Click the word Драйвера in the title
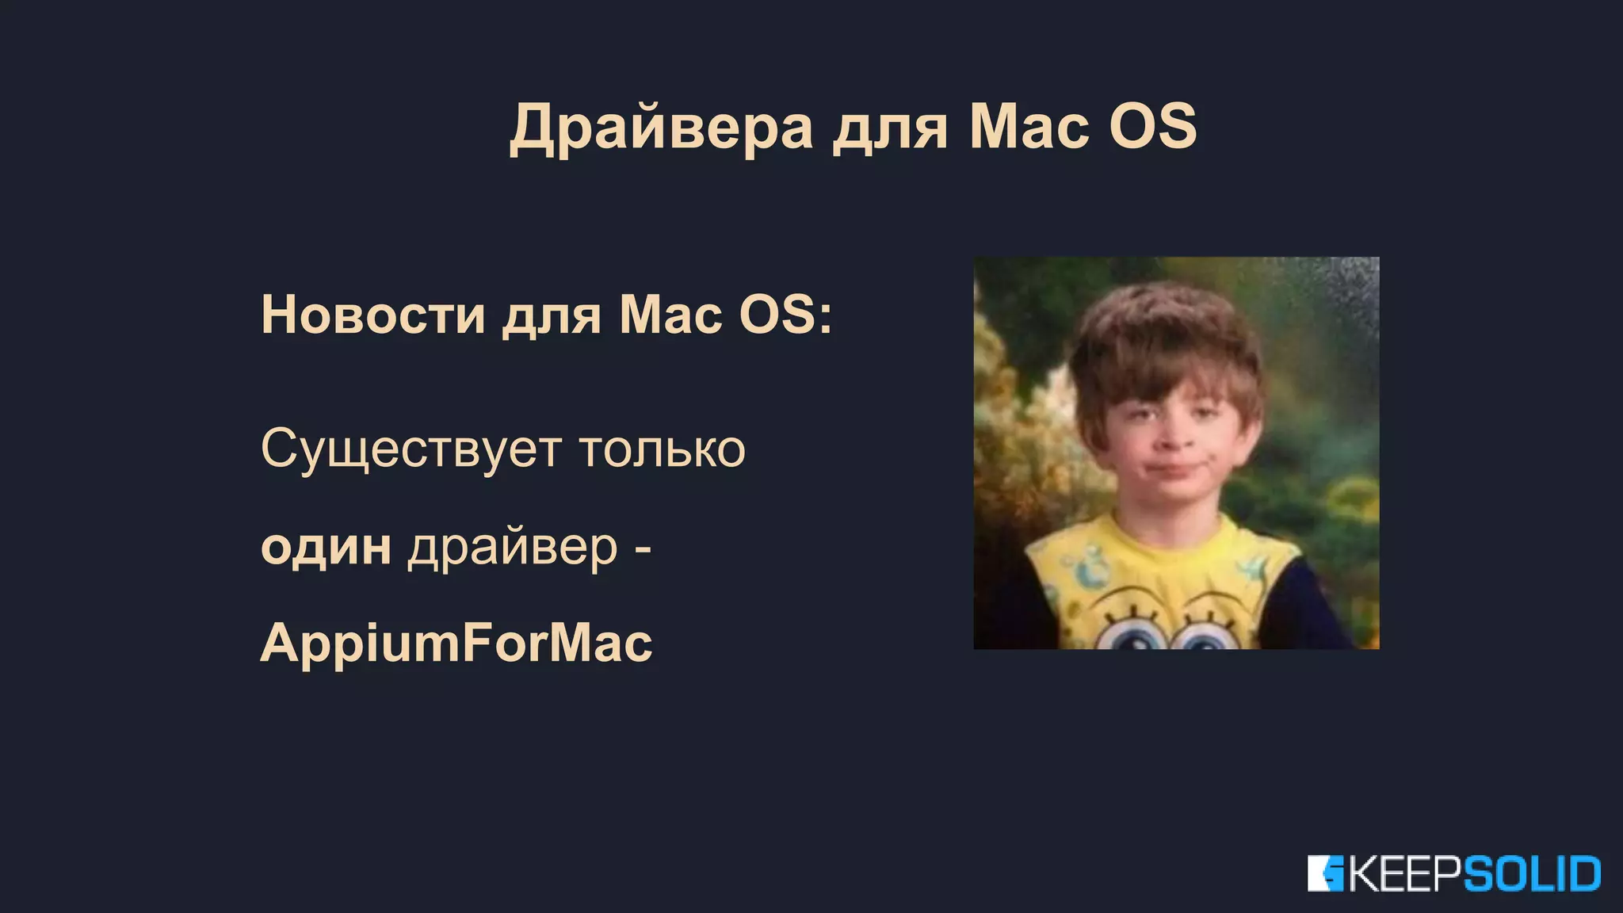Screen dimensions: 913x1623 click(661, 127)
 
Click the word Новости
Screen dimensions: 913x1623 click(372, 315)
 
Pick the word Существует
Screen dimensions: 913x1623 click(411, 450)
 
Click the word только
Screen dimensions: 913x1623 click(662, 450)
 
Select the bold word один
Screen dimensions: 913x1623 click(326, 547)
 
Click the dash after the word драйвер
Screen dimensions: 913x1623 click(643, 548)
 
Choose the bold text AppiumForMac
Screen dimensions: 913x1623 click(456, 643)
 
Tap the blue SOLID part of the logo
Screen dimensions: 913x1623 click(1531, 874)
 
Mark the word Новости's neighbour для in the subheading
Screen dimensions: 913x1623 click(552, 315)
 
